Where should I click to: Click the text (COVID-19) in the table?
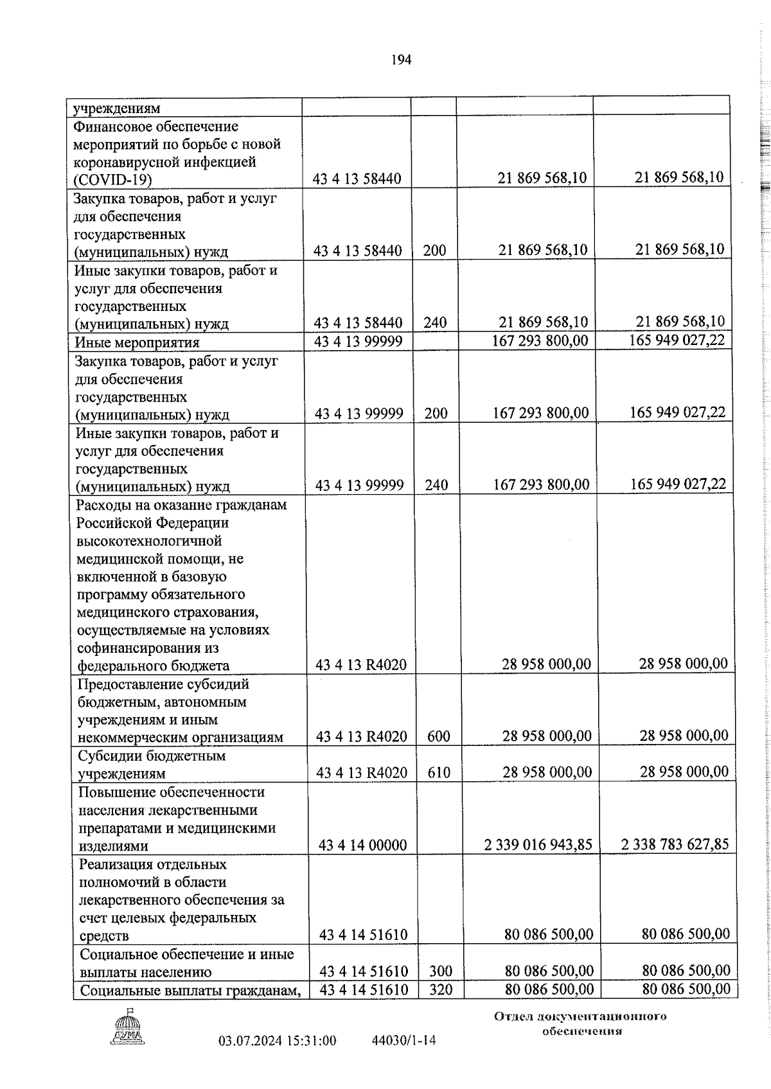pyautogui.click(x=113, y=180)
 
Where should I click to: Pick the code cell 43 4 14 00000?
pyautogui.click(x=362, y=846)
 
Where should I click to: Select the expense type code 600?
pyautogui.click(x=439, y=736)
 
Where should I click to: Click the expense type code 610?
pyautogui.click(x=439, y=772)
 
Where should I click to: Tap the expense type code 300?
pyautogui.click(x=441, y=971)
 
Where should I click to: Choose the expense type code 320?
pyautogui.click(x=441, y=989)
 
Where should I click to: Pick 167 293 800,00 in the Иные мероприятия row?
pyautogui.click(x=540, y=341)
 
